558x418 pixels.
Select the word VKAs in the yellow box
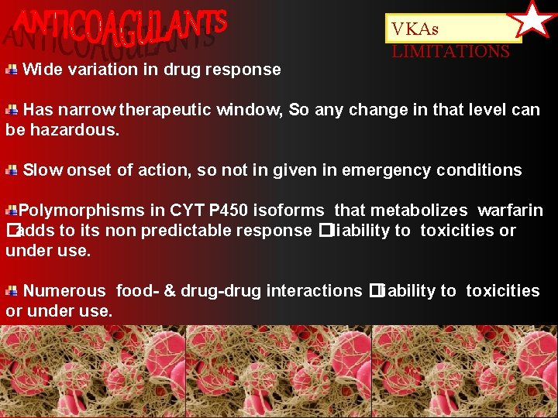[x=415, y=29]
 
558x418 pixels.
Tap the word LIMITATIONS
[x=450, y=52]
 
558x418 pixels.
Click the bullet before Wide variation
[x=12, y=70]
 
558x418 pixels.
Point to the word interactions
[x=314, y=291]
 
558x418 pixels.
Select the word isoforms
[x=296, y=211]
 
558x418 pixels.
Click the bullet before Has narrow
[x=12, y=110]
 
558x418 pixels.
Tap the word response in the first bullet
[x=250, y=70]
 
